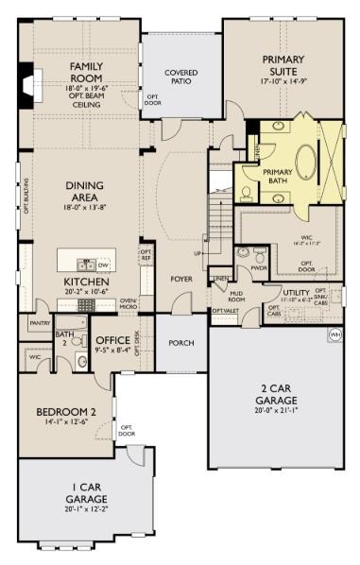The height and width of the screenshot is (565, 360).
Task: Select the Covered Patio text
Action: [180, 77]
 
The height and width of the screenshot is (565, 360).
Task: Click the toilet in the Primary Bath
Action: [246, 194]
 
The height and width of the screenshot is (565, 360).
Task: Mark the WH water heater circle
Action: [334, 334]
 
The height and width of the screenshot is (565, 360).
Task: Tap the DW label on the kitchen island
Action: [104, 266]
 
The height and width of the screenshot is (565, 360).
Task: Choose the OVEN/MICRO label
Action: [129, 303]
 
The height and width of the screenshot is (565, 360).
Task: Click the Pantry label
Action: [39, 323]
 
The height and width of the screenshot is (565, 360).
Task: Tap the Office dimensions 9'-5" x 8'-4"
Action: [112, 351]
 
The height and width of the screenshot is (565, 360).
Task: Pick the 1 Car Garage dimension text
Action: [86, 509]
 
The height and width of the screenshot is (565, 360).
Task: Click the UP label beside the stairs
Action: [197, 254]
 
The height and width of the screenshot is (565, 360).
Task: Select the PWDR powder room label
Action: [258, 267]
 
